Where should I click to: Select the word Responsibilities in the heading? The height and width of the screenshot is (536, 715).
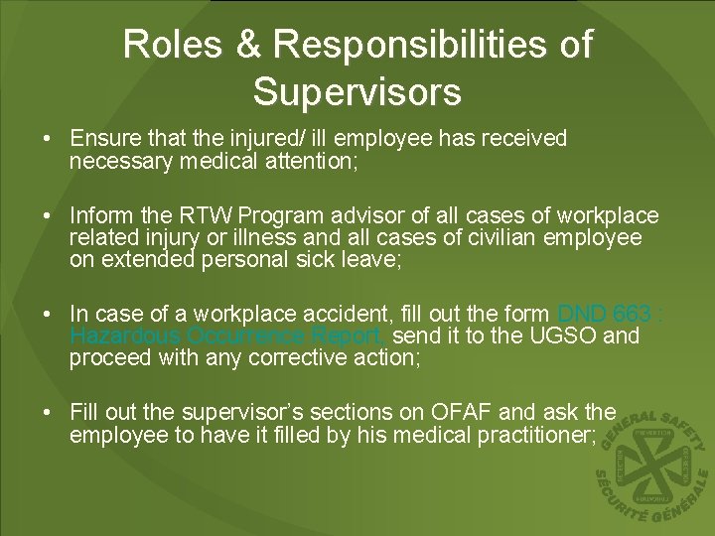coord(433,45)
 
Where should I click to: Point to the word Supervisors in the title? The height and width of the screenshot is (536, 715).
coord(357,91)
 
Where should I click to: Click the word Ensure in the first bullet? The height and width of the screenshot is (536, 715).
coord(101,138)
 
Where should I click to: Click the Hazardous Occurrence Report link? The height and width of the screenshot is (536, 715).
coord(228,336)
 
